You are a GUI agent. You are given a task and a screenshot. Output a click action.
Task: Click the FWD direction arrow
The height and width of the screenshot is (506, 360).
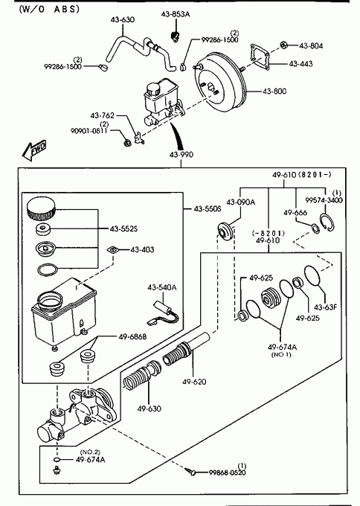tap(34, 150)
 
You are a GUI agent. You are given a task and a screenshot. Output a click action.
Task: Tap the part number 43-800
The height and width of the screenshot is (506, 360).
tap(274, 92)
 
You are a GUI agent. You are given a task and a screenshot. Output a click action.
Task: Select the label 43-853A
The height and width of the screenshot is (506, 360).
tap(176, 14)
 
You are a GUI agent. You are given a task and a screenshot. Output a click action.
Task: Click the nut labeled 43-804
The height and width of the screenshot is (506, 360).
tap(284, 45)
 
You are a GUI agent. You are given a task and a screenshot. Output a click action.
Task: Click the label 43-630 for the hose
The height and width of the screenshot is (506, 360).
tap(123, 19)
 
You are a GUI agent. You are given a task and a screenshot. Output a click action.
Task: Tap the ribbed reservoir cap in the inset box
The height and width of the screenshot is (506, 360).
tap(41, 209)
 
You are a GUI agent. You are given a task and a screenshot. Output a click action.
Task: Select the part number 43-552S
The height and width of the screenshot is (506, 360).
tap(123, 228)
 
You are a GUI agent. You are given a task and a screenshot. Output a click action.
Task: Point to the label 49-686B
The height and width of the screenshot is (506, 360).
tap(132, 337)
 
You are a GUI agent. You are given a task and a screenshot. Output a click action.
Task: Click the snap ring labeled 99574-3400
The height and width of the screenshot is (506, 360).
tap(327, 222)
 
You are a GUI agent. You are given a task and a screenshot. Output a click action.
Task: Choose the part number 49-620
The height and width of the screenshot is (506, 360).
tap(194, 382)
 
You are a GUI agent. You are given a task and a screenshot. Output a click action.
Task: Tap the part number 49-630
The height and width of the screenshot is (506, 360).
tap(149, 409)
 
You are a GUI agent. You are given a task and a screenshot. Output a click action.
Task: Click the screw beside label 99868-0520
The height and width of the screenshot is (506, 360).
tap(190, 472)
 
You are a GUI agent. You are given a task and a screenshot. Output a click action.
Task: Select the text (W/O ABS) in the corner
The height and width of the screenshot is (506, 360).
tap(49, 9)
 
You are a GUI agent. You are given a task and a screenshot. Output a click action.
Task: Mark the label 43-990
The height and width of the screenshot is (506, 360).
tap(181, 155)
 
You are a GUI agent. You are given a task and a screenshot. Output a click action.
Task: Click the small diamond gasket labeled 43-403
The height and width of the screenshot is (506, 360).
tap(112, 249)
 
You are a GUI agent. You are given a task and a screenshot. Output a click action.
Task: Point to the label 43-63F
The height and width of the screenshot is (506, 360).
tap(325, 307)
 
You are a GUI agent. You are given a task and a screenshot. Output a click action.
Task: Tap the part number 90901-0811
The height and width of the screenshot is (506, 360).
tap(89, 131)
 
